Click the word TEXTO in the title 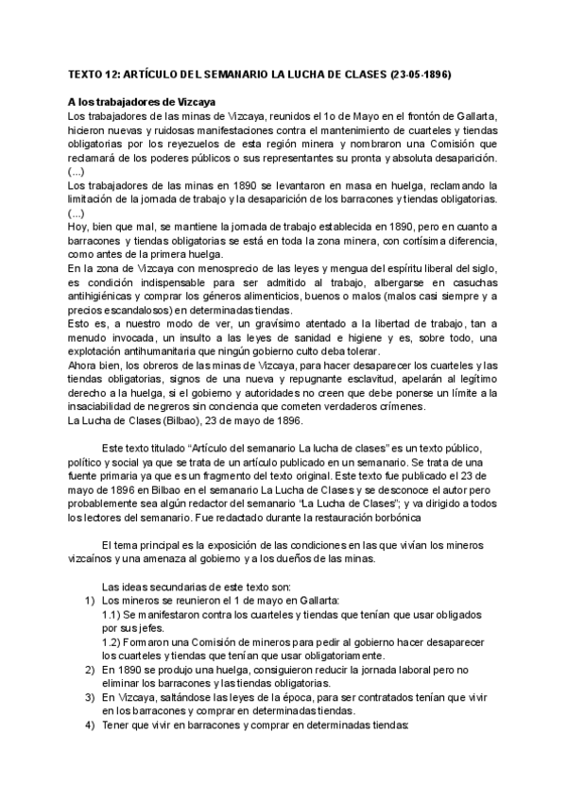tap(89, 74)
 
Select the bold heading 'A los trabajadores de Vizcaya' tap(143, 101)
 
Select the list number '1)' tap(81, 601)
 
